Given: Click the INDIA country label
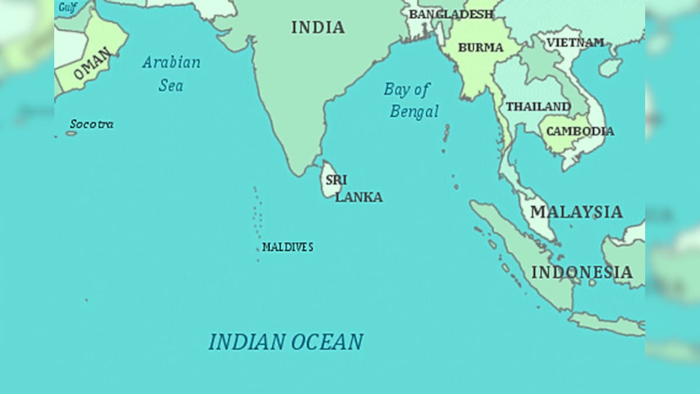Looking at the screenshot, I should point(318,27).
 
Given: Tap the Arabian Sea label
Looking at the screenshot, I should point(171,74).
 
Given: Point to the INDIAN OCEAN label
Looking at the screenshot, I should point(286,341).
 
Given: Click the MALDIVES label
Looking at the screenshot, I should point(288,247).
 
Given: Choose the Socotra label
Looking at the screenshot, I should point(92,124).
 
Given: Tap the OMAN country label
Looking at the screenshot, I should point(92,64).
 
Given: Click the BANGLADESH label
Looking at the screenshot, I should point(450,14).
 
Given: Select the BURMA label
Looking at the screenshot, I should point(480,48).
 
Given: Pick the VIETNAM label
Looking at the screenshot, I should point(575,43).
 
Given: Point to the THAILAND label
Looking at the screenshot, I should point(538,107).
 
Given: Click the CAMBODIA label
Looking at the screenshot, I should point(579,131).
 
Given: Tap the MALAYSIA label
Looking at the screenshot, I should point(576,211).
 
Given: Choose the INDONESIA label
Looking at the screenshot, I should point(582,272).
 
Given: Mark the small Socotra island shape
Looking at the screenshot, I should point(71,133).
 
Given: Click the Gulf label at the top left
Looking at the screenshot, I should point(67,7).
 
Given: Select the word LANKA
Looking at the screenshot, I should point(359,197).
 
